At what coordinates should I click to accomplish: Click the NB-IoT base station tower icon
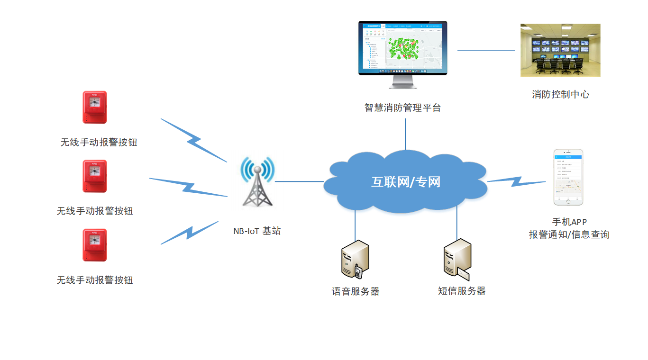click(257, 185)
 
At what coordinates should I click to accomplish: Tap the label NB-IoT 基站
click(257, 231)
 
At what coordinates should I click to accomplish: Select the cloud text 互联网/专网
click(405, 182)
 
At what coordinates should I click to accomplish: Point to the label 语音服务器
click(356, 291)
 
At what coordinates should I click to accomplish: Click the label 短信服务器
click(462, 291)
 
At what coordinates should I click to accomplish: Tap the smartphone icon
click(568, 178)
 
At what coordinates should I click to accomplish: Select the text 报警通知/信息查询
click(569, 234)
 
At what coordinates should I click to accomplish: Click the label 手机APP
click(569, 222)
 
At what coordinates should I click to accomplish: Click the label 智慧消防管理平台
click(402, 108)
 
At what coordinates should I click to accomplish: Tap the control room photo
click(560, 50)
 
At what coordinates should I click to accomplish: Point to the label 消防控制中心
click(560, 94)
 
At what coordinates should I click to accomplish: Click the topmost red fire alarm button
click(95, 107)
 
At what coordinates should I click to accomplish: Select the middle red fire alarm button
click(95, 176)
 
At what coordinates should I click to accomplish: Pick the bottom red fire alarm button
click(95, 245)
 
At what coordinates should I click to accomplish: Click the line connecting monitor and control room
click(486, 50)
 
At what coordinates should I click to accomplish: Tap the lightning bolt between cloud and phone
click(517, 181)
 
